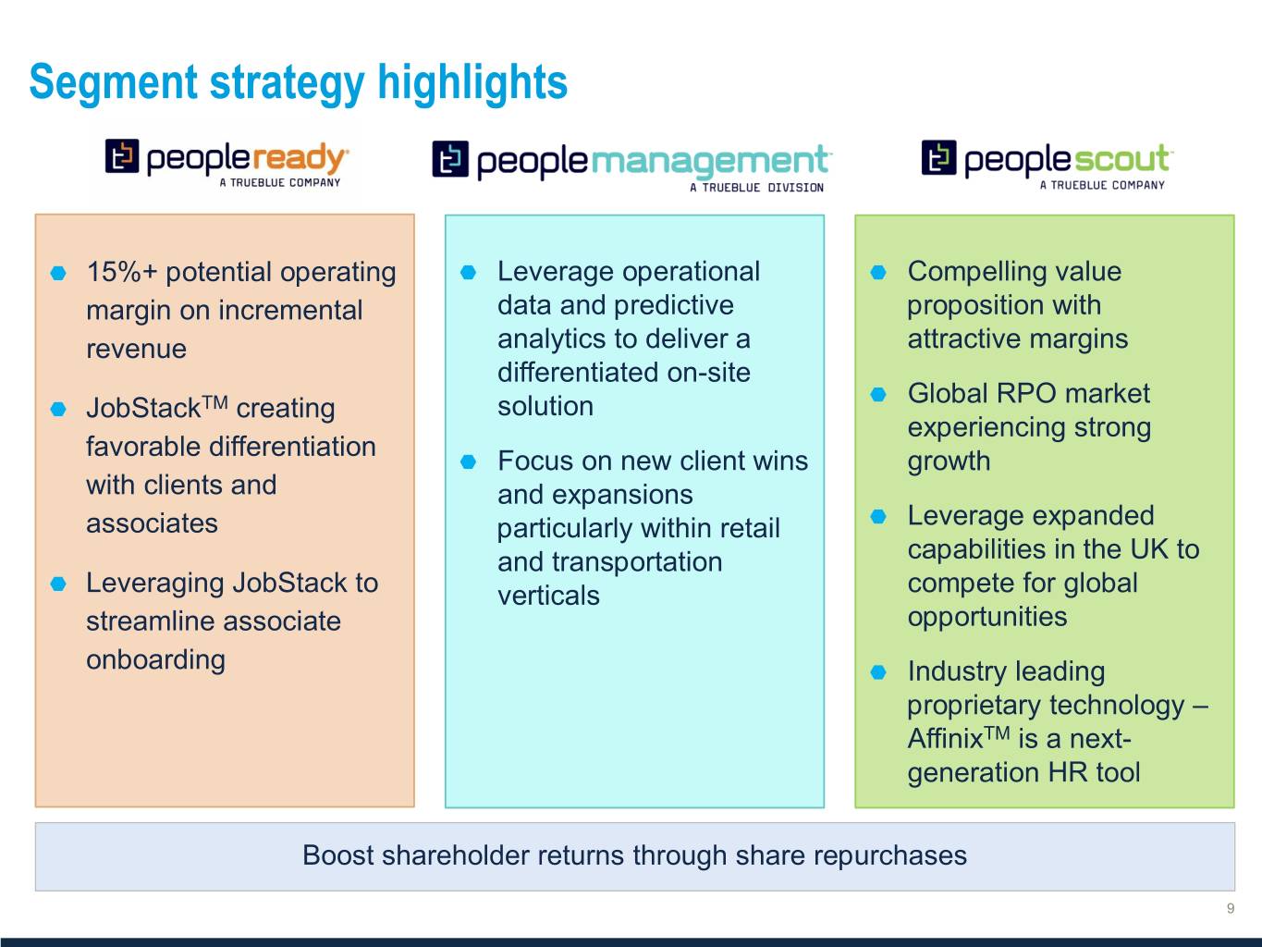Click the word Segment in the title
pos(114,83)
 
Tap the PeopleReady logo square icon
pos(122,155)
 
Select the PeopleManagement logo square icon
pos(450,159)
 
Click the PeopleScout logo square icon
pos(939,157)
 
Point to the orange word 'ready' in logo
pos(300,157)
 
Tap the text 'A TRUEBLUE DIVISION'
pos(756,188)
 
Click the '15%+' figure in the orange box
pos(121,271)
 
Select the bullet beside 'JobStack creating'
pos(58,409)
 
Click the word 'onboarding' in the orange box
pos(156,659)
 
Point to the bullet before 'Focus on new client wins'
pos(468,461)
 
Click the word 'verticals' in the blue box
pos(548,595)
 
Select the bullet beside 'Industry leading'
pos(878,671)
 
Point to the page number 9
pos(1231,908)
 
